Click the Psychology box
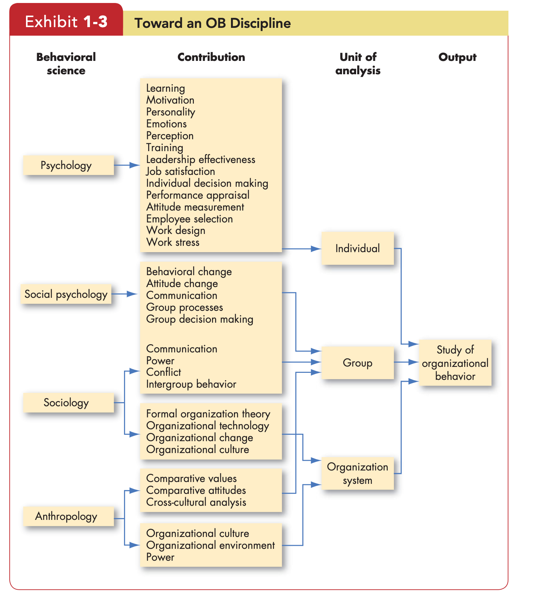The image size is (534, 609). point(68,165)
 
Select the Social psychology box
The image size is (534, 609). point(66,294)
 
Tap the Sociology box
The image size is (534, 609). point(68,403)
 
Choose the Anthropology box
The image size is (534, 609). point(68,516)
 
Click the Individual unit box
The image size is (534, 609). point(358,248)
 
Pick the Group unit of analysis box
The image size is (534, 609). point(358,363)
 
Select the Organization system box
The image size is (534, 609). point(358,473)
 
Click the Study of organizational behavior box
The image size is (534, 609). point(455,363)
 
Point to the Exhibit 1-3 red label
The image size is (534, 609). point(66,22)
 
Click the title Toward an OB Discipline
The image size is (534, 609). point(213,23)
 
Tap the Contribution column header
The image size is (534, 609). point(211,57)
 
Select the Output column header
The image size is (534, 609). point(458,57)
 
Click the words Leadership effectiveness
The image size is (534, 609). point(201,159)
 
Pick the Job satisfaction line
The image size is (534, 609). point(180,171)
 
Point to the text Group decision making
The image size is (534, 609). point(200,319)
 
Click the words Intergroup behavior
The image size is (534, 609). point(191,384)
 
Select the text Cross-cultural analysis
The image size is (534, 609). point(196,502)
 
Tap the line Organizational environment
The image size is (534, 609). point(211,545)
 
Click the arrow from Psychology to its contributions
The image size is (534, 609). point(127,165)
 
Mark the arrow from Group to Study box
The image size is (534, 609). point(406,362)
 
